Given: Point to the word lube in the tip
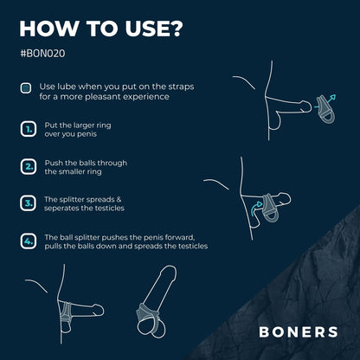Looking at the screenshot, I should [67, 87].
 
